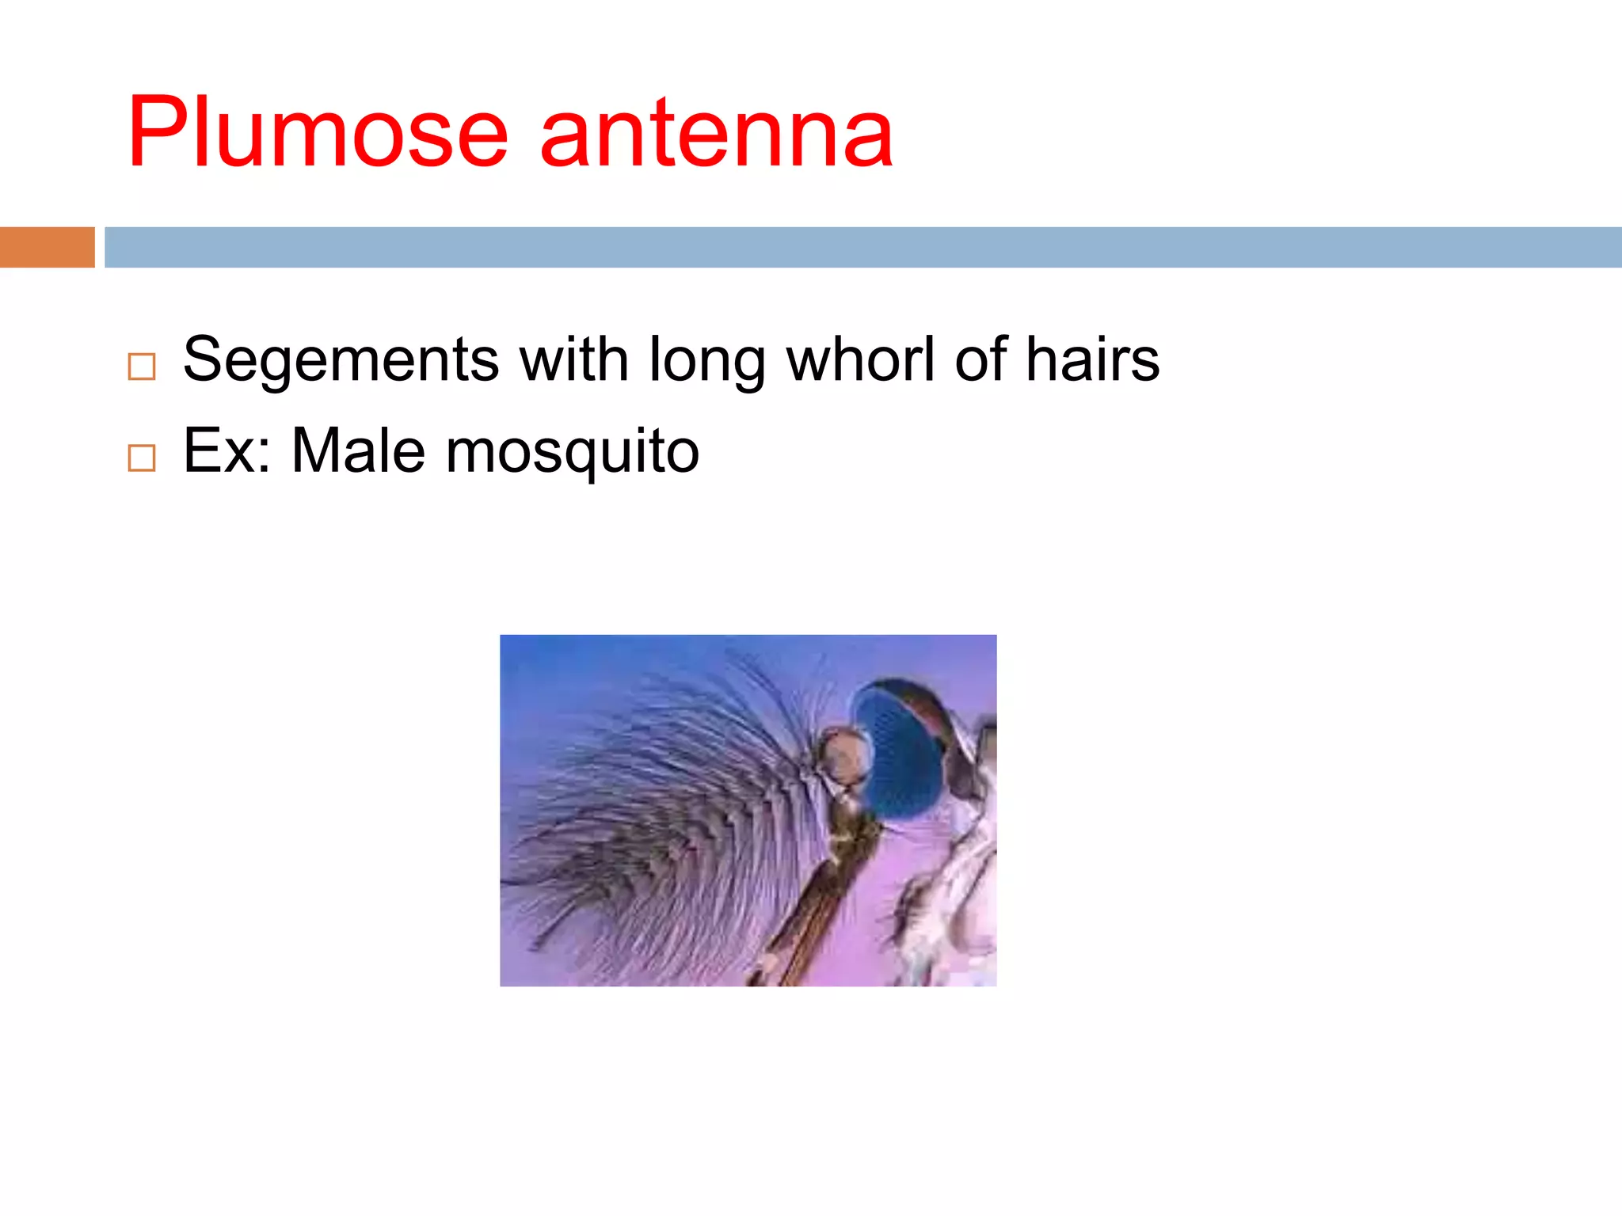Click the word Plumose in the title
[317, 133]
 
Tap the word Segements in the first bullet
[341, 360]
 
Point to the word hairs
[1092, 360]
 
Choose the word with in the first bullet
[574, 360]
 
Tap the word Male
[358, 450]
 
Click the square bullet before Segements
[142, 367]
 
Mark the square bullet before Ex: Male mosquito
[142, 458]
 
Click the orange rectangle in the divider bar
[47, 247]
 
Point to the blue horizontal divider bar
[862, 247]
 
